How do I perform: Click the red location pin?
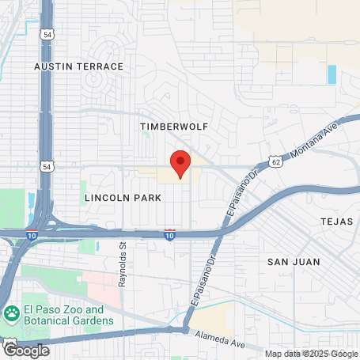pos(180,164)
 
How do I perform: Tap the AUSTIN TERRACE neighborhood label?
pos(79,66)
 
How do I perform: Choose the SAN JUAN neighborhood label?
pos(294,261)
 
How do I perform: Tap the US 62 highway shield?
pos(275,161)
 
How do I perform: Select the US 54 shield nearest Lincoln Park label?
pos(47,167)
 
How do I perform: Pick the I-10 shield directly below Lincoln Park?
pos(169,234)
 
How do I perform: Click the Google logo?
pos(26,349)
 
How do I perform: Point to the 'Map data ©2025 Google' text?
pos(311,354)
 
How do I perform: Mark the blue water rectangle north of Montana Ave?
pos(331,75)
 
